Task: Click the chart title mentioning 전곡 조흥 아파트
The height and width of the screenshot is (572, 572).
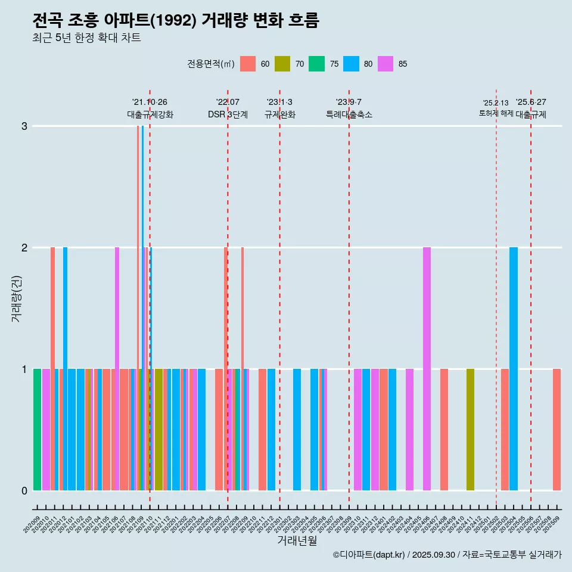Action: (x=176, y=21)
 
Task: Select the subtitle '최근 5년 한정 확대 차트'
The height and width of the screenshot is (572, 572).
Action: (x=86, y=39)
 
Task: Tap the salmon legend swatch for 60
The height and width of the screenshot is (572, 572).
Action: (x=248, y=64)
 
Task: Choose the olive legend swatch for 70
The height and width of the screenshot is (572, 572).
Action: (x=282, y=64)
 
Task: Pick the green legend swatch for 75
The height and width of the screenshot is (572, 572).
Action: (x=316, y=64)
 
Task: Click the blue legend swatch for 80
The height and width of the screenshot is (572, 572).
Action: (x=351, y=64)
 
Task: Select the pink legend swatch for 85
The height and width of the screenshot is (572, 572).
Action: (x=386, y=64)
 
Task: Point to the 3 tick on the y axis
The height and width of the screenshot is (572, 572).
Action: (x=24, y=126)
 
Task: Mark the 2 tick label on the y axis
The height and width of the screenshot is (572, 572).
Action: (x=24, y=247)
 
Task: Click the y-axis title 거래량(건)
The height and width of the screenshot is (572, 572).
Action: (x=16, y=298)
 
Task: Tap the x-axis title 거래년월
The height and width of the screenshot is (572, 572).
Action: (x=297, y=540)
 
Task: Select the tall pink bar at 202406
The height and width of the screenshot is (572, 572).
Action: (x=427, y=369)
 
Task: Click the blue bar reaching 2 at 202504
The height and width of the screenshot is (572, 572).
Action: (x=514, y=369)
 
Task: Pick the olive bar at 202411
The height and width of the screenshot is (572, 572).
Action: (x=470, y=430)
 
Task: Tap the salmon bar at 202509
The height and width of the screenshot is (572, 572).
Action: (x=557, y=430)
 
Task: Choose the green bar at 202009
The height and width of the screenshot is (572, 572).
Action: (x=37, y=430)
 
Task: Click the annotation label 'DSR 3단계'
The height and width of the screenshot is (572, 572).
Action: (x=228, y=115)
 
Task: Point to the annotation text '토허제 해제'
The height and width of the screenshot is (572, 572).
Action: (x=496, y=113)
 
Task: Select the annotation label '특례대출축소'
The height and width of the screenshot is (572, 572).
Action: (x=349, y=115)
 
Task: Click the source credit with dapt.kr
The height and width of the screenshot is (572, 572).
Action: (x=447, y=555)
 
